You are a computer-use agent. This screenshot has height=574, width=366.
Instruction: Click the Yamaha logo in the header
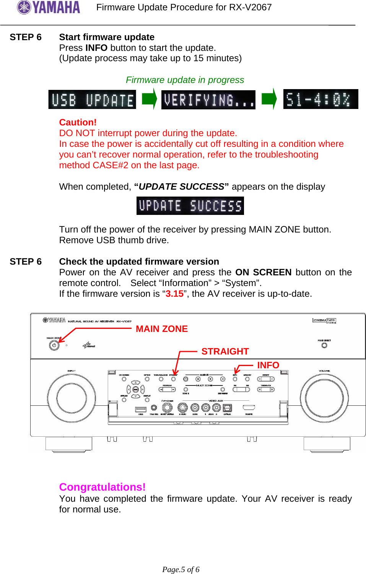tap(49, 7)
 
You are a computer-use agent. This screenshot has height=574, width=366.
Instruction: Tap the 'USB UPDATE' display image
tap(92, 100)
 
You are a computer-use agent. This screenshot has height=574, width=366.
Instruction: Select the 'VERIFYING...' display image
tap(208, 100)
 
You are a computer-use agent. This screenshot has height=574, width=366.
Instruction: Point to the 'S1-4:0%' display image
tap(320, 99)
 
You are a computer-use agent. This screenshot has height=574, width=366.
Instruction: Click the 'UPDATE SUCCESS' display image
tap(190, 206)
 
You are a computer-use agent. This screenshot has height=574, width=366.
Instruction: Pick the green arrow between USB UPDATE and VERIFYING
tap(149, 99)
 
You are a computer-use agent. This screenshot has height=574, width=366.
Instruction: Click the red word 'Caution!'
tap(78, 122)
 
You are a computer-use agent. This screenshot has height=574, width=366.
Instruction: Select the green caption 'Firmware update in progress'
tap(185, 80)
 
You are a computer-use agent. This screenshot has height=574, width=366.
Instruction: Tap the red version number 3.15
tap(174, 294)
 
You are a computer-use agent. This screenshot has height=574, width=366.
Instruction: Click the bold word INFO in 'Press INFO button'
tap(96, 48)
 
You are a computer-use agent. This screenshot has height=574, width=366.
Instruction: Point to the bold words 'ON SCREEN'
tap(263, 272)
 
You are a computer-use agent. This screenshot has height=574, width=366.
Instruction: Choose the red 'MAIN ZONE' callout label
tap(162, 329)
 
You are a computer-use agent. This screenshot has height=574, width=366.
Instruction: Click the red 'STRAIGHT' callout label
tap(225, 351)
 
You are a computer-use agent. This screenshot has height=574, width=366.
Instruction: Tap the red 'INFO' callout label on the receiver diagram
tap(268, 365)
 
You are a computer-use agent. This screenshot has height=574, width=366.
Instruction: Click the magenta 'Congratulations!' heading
tap(102, 487)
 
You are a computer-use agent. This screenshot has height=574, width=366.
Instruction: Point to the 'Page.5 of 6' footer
tap(181, 569)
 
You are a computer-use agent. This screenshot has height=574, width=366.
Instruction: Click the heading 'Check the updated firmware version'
tap(139, 262)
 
